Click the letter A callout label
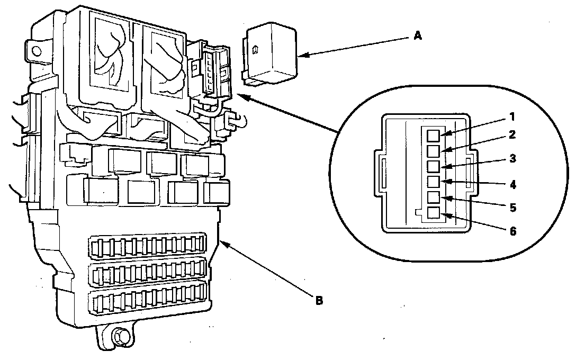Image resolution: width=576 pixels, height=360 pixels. pos(418,35)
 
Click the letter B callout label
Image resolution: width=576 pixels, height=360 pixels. pos(319,300)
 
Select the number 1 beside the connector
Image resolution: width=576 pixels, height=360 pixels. pos(512,117)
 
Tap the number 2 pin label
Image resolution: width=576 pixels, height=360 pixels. pos(512,135)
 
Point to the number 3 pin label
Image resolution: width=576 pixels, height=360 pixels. pos(513,159)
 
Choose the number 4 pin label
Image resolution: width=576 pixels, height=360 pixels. pos(513,184)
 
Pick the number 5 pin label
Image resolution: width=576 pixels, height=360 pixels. pos(513,208)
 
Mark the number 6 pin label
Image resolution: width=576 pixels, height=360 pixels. pos(513,231)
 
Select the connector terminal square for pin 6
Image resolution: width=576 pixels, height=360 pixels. pos(434,213)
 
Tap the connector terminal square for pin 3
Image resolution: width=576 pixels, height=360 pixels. pos(434,166)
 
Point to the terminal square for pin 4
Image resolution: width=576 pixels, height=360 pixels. pos(434,182)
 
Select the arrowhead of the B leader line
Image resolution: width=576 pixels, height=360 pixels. pos(224,244)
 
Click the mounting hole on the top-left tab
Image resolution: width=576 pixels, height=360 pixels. pos(35,50)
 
